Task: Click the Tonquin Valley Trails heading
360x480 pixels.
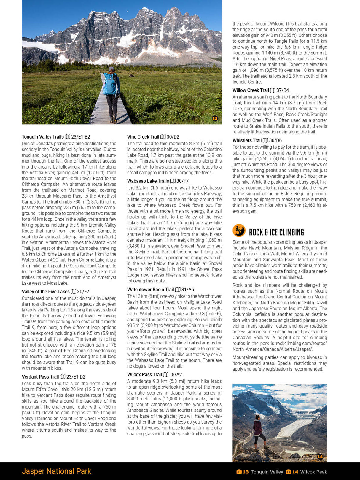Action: tap(43, 137)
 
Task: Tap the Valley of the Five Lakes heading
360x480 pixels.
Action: tap(46, 292)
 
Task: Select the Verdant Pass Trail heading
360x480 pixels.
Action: tap(40, 377)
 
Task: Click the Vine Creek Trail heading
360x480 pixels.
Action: tap(143, 137)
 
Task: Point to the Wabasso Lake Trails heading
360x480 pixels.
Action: tap(148, 181)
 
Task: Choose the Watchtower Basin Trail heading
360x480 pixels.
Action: tap(150, 290)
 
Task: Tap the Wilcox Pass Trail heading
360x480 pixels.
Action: tap(144, 374)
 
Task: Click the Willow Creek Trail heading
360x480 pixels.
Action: tap(251, 90)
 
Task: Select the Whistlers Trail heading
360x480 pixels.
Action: tap(247, 140)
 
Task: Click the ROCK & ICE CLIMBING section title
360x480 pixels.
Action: tap(276, 232)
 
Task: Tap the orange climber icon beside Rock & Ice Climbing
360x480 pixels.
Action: tap(239, 231)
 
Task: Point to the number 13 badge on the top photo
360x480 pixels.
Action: tap(215, 118)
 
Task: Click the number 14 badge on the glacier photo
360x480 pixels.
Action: tap(320, 457)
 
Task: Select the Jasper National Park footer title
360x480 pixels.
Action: tap(56, 471)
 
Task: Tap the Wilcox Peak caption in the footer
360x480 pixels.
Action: tap(313, 472)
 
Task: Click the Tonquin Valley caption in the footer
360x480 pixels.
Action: tap(267, 472)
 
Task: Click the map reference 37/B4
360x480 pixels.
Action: tap(283, 90)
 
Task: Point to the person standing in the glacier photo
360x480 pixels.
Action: tap(259, 430)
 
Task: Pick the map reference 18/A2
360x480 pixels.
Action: tap(176, 374)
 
